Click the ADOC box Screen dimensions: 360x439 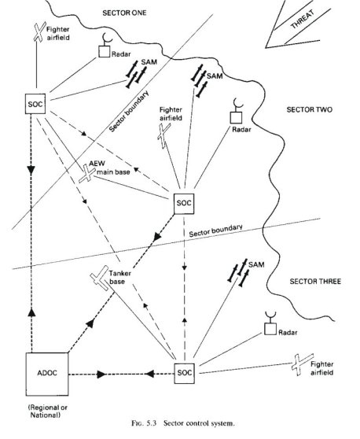[47, 374]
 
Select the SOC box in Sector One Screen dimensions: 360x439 [35, 104]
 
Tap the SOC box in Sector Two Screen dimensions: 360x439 [184, 204]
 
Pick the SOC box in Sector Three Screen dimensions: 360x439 [185, 373]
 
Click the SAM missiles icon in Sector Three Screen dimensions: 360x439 [239, 272]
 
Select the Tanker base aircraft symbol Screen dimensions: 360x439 [100, 278]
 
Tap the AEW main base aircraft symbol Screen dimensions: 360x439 [87, 174]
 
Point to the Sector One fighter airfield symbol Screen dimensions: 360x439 [39, 31]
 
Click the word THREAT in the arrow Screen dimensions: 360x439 [302, 20]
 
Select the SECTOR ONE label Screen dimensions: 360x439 [124, 13]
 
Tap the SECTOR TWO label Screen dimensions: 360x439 [310, 109]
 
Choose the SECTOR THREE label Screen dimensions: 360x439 [315, 282]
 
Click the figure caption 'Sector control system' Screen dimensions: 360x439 [199, 423]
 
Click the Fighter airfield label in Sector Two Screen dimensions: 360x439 [171, 113]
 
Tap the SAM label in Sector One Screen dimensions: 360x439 [149, 61]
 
